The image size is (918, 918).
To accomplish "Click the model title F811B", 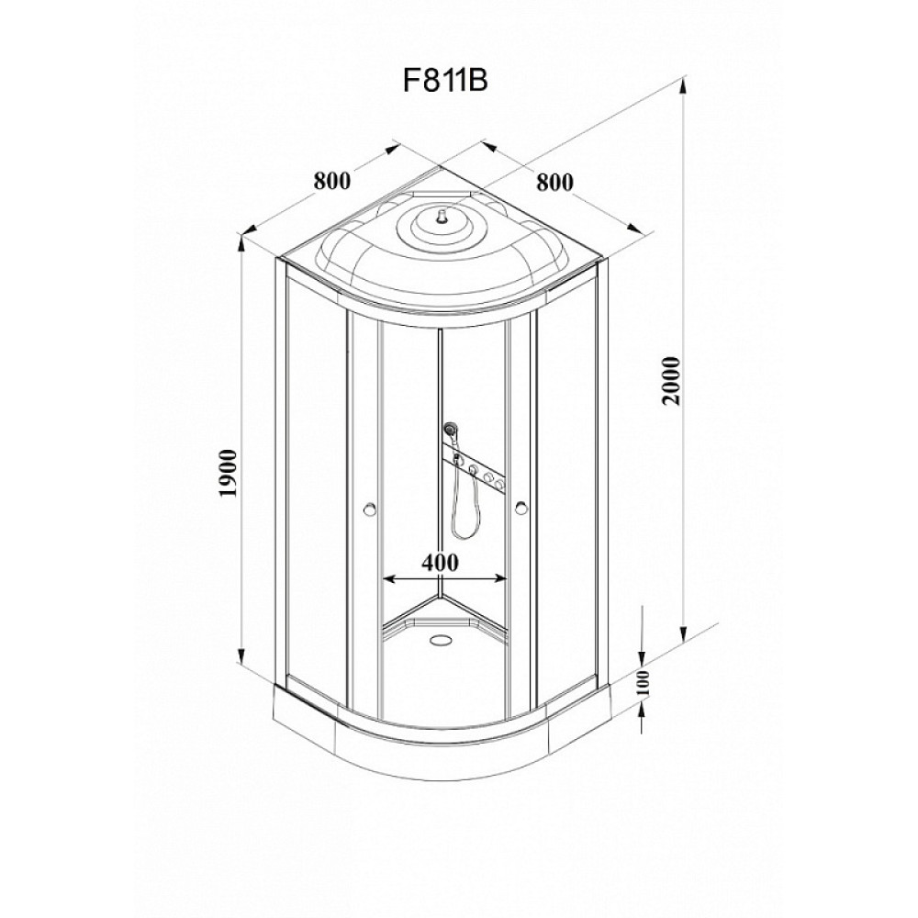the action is (445, 82).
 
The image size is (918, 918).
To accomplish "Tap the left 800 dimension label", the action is (332, 181).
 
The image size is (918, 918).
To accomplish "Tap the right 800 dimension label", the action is (555, 182).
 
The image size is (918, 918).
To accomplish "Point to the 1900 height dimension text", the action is (228, 473).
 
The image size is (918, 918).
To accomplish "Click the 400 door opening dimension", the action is (440, 562).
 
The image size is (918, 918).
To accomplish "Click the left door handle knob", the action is (369, 509).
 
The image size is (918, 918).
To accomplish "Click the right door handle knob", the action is (521, 509).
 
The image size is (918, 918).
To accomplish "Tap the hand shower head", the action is (450, 431).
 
